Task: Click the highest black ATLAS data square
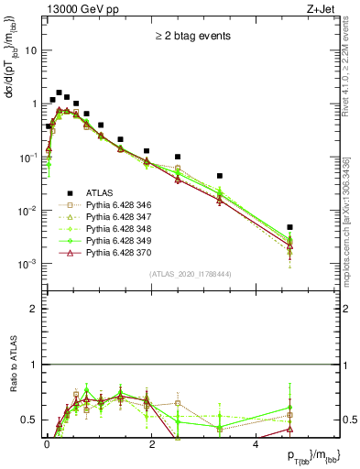[x=59, y=93]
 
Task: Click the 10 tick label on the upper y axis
[x=30, y=51]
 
